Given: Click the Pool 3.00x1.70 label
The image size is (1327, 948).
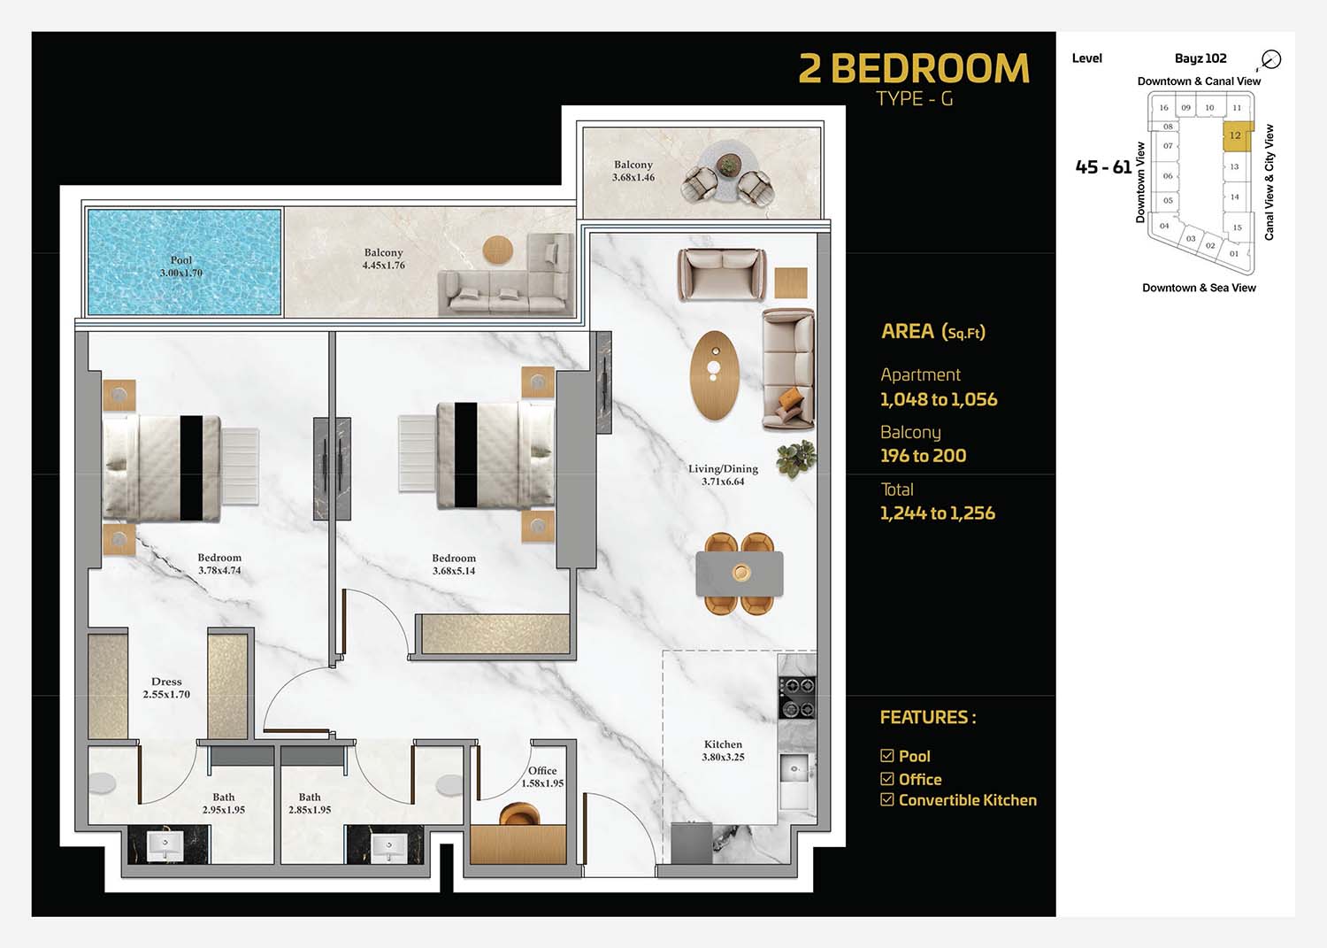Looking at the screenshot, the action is [180, 266].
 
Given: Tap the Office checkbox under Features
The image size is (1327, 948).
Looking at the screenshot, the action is [886, 778].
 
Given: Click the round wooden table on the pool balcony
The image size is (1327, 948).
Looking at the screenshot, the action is [497, 250].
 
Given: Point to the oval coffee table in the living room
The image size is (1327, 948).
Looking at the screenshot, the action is [715, 375].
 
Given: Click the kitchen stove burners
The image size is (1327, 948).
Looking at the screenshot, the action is [797, 698].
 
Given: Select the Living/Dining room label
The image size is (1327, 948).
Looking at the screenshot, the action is [723, 475].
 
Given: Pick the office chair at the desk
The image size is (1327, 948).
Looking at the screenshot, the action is [519, 813].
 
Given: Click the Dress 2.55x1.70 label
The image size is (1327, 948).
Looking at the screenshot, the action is [166, 688].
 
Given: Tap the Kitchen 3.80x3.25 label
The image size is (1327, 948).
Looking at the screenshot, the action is [723, 750].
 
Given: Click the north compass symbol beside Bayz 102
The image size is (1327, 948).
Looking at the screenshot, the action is [1270, 59].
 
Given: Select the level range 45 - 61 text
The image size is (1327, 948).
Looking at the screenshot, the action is [1103, 167].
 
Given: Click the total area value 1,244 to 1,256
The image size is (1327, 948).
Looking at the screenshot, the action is [937, 513].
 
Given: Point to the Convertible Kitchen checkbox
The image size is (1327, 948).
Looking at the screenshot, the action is [886, 799].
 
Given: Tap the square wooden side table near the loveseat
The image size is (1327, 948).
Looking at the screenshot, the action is [791, 282].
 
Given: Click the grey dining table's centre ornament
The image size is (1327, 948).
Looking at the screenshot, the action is [741, 573].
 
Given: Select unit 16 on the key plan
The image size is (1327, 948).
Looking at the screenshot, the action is [1163, 107].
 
